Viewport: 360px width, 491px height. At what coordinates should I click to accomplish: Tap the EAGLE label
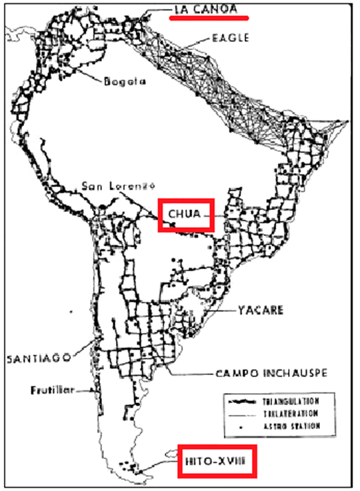pos(230,38)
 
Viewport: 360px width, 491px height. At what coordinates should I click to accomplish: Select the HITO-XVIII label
pos(216,460)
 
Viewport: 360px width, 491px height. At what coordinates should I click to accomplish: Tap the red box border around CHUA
pos(159,215)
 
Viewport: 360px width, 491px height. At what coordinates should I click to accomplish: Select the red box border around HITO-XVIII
pos(179,460)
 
